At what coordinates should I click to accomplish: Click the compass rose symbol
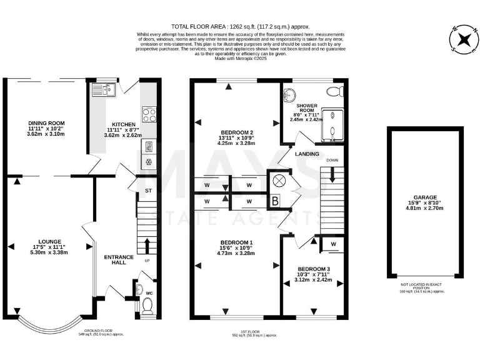click(x=463, y=39)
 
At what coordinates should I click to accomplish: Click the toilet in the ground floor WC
click(x=148, y=305)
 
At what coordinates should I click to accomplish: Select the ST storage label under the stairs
click(x=148, y=190)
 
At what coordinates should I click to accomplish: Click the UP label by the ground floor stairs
click(x=147, y=260)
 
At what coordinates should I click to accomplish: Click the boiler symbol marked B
click(x=274, y=201)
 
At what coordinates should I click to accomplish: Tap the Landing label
click(x=307, y=154)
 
